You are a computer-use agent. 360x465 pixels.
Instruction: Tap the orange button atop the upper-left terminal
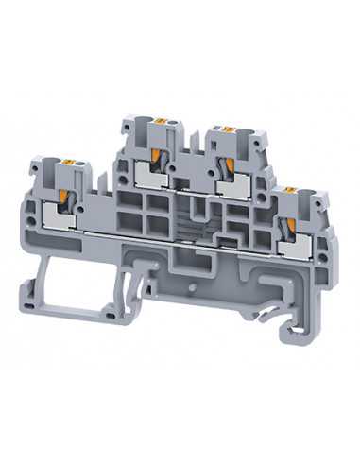point(159,121)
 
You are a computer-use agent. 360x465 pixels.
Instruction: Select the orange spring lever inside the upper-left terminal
point(154,156)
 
